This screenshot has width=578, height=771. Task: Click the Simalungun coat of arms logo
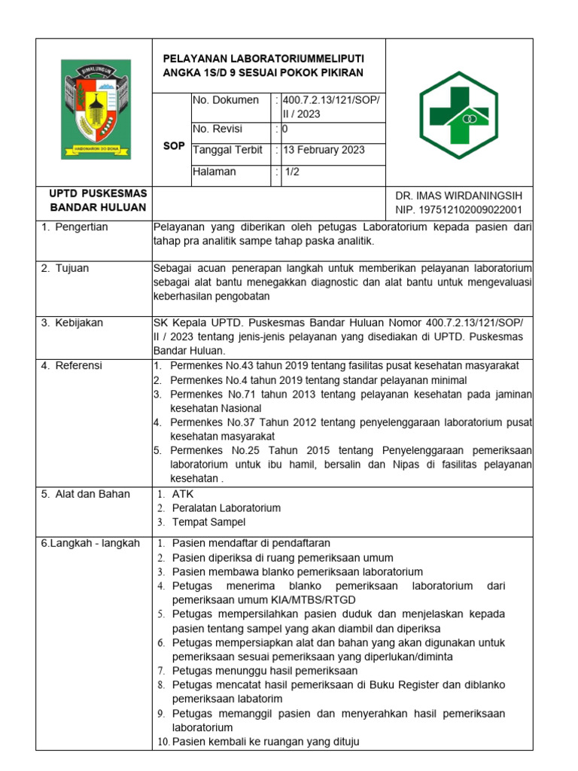pos(96,109)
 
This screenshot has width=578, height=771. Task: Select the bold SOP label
pos(174,145)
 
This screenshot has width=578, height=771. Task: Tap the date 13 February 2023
pos(324,150)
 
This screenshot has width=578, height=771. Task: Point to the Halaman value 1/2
pos(291,172)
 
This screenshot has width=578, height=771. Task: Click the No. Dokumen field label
pos(226,100)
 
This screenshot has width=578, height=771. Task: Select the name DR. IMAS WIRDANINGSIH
pos(458,196)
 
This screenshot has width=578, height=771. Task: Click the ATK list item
pos(183,494)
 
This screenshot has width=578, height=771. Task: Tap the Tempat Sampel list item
pos(208,522)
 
